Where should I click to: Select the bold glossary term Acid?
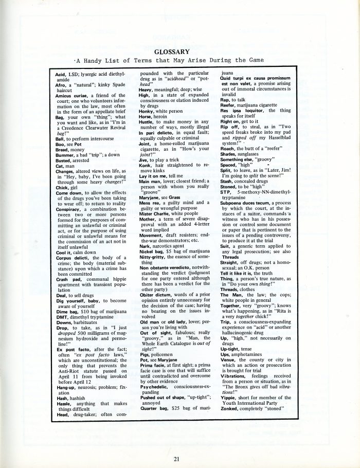(x=60, y=75)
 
